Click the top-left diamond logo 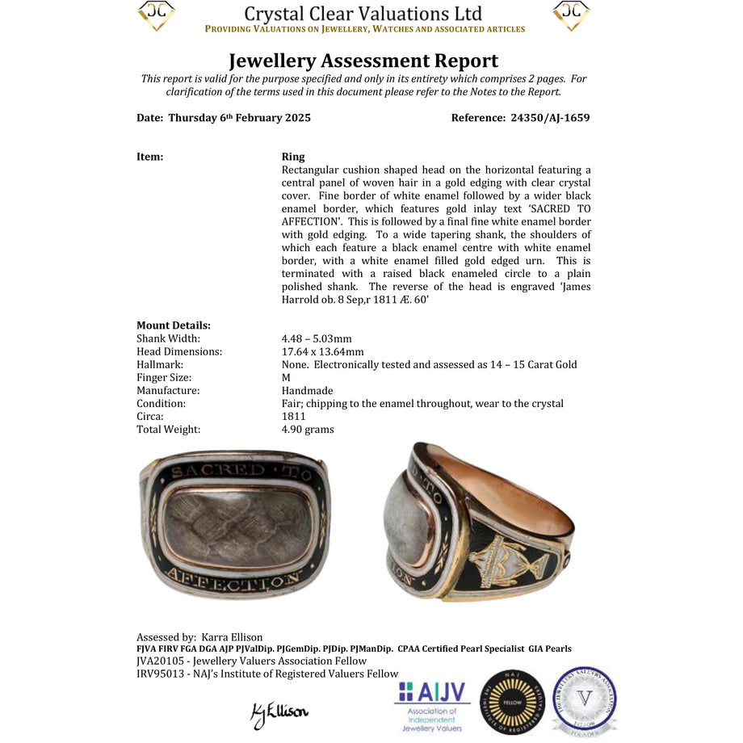coord(156,15)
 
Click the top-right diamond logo coord(571,15)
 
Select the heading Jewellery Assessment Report coord(363,61)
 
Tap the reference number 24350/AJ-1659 coord(550,118)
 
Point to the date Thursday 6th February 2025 coord(239,118)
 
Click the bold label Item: coord(150,157)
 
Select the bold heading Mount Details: coord(174,325)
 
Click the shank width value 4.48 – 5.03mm coord(317,338)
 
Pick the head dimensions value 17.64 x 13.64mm coord(322,351)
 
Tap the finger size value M coord(286,377)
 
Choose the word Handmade coord(307,390)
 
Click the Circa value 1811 coord(294,416)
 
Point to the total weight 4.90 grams coord(308,429)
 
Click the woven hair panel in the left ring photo coord(237,525)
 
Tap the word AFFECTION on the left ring coord(237,579)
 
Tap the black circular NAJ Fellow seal coord(507,703)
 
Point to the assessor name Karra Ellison coord(232,637)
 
